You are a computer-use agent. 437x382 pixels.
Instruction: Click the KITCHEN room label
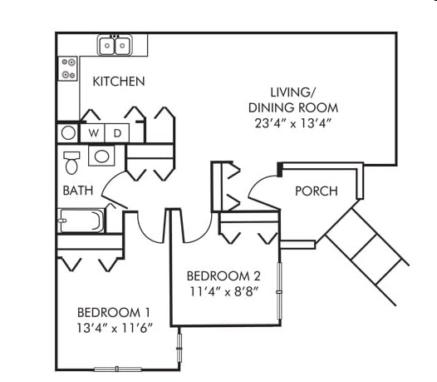click(119, 82)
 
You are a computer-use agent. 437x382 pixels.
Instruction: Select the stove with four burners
click(68, 68)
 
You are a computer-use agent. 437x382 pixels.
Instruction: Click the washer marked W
click(94, 132)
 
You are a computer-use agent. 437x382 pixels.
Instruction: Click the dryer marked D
click(117, 132)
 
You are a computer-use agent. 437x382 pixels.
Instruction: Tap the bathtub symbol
click(81, 221)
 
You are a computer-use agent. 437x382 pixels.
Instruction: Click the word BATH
click(78, 191)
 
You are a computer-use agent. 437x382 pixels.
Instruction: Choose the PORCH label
click(316, 191)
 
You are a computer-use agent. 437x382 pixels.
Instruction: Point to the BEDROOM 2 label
click(223, 276)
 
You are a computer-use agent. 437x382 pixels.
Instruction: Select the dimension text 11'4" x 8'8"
click(223, 292)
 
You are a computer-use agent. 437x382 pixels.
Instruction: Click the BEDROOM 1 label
click(112, 313)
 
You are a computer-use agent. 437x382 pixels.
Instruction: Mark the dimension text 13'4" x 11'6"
click(112, 329)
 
